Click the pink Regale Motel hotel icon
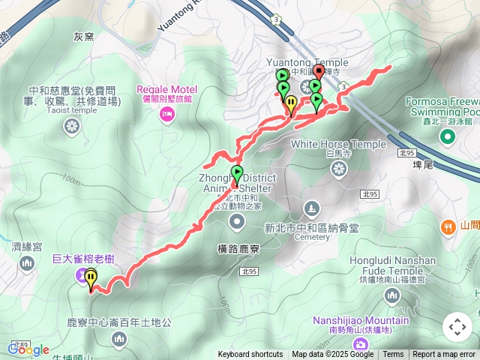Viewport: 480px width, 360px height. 166,113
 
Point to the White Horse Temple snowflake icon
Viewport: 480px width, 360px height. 339,171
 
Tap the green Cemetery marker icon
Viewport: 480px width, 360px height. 312,207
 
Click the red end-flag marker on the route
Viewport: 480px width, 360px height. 318,72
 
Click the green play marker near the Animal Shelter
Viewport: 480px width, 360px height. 237,172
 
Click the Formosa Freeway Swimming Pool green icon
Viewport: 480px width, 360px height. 447,136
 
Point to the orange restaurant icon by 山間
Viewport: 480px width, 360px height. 448,226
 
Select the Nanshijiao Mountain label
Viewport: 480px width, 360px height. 361,320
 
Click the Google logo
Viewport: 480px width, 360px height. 28,349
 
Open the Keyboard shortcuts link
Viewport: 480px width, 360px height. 250,355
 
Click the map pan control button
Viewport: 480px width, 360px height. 457,327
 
